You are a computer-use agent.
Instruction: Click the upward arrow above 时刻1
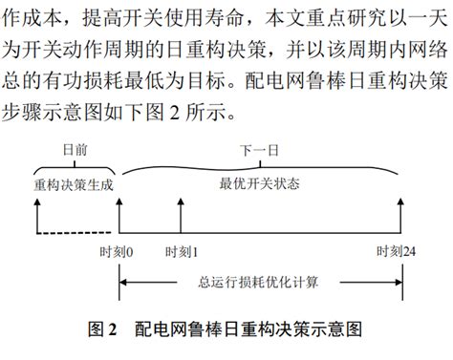click(180, 215)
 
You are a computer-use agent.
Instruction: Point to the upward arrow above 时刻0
click(119, 215)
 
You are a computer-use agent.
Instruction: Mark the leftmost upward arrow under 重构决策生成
click(36, 215)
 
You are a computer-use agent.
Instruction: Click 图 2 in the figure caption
click(101, 330)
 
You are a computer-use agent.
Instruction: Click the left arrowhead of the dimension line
click(122, 282)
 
